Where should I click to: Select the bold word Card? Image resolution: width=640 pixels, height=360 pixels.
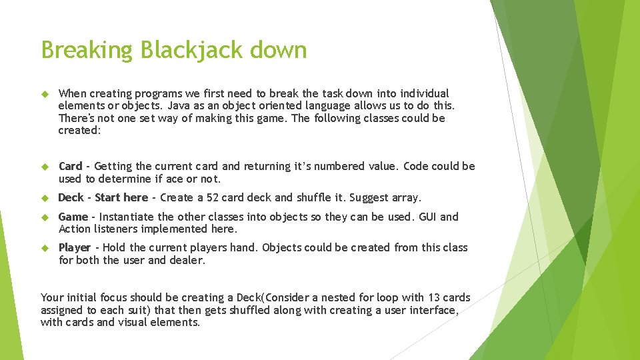(70, 166)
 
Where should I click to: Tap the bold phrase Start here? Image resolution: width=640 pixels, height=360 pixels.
(121, 197)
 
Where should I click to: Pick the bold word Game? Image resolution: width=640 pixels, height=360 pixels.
(73, 217)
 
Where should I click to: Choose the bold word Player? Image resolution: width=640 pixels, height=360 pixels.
(74, 247)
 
